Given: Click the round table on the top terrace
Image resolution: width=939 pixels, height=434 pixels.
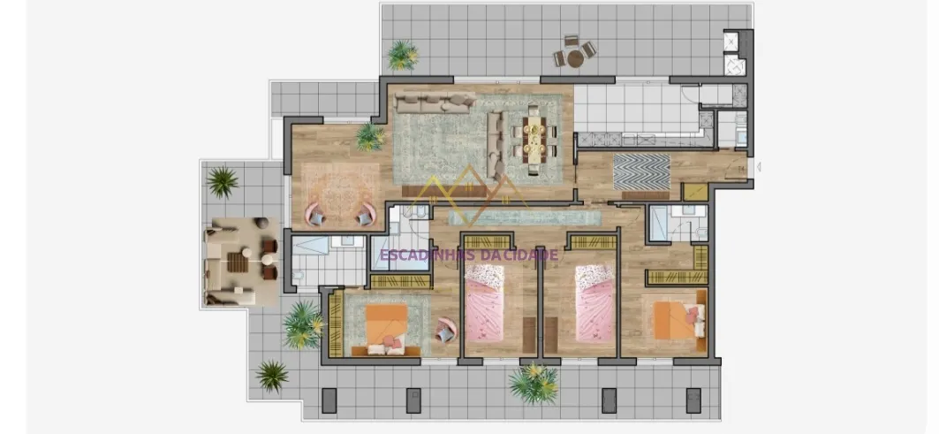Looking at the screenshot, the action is pyautogui.click(x=575, y=58).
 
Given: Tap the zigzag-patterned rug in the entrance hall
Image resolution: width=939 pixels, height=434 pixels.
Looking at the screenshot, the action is pyautogui.click(x=641, y=172).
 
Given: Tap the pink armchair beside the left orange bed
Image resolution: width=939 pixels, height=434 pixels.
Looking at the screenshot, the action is pyautogui.click(x=445, y=329).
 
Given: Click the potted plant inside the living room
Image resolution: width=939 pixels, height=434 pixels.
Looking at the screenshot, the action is pyautogui.click(x=370, y=137).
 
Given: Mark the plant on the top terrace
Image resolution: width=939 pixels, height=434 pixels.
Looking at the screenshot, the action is pyautogui.click(x=403, y=55).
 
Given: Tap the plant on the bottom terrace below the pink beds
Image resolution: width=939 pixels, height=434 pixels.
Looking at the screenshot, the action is pyautogui.click(x=534, y=383).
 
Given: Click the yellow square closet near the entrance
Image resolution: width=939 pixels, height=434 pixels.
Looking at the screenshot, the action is pyautogui.click(x=695, y=191).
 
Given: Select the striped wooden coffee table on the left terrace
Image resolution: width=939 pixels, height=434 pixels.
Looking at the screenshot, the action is pyautogui.click(x=237, y=262).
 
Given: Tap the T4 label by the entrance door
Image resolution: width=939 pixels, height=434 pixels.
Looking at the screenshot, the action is pyautogui.click(x=741, y=169).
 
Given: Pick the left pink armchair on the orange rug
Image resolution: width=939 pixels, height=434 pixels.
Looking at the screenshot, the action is pyautogui.click(x=315, y=214).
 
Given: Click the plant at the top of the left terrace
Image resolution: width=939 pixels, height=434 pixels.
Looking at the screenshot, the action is pyautogui.click(x=223, y=181).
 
